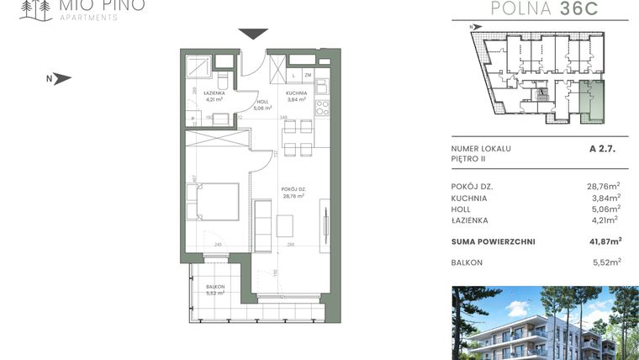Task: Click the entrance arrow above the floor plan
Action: click(x=253, y=34)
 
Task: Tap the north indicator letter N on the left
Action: click(x=50, y=80)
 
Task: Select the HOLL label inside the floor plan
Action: click(x=261, y=103)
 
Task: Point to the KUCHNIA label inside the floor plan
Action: click(x=296, y=93)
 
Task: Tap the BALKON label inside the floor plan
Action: click(x=215, y=288)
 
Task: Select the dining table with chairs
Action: click(x=291, y=139)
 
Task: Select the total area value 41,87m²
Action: click(x=603, y=241)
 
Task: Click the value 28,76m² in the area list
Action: click(x=603, y=186)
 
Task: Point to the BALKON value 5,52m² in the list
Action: click(x=606, y=262)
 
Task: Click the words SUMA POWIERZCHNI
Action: click(x=493, y=242)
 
